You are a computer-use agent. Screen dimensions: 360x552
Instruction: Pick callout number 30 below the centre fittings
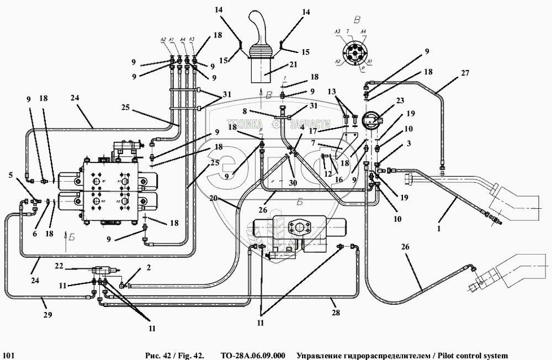coord(292,183)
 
